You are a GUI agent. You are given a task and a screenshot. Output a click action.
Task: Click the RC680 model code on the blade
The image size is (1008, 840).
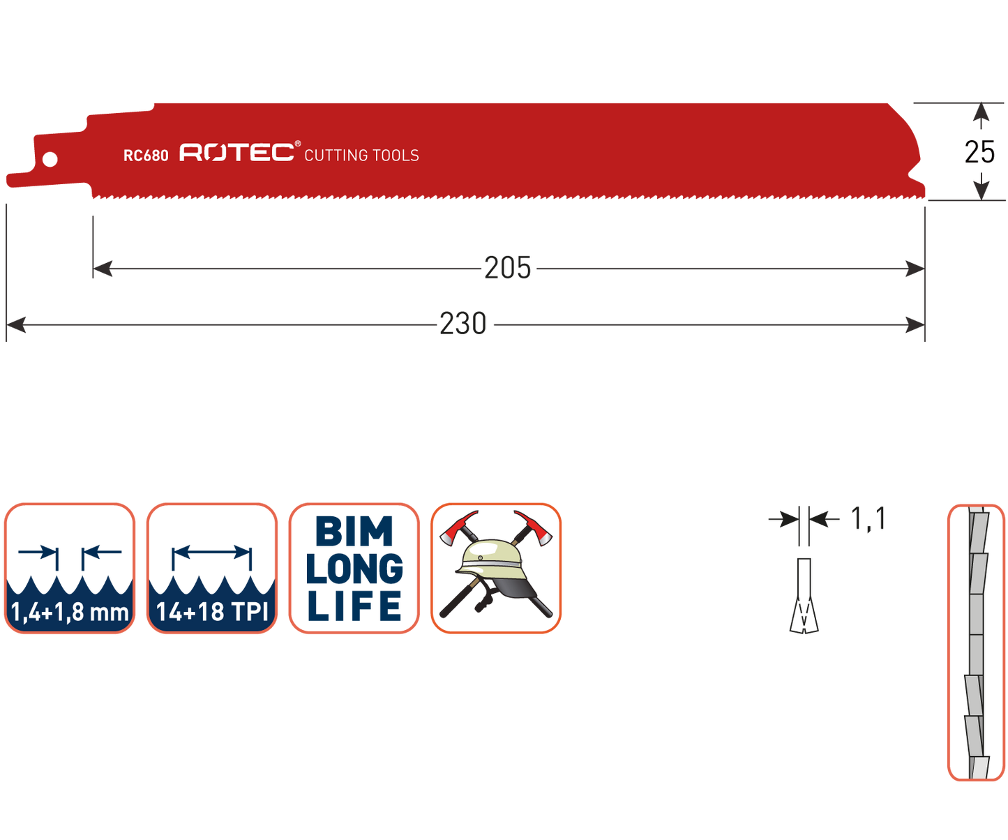146,156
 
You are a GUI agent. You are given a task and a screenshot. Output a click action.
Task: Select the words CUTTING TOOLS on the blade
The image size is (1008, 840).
361,156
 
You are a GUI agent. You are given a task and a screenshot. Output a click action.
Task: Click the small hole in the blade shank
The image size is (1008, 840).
50,160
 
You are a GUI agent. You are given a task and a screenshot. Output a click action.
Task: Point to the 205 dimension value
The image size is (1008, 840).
508,269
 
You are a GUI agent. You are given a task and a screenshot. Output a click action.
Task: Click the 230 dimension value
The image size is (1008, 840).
463,324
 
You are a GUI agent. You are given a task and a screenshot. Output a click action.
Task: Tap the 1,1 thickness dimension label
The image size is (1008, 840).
868,520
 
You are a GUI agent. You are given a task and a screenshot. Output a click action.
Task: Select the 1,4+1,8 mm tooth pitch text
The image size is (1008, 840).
70,613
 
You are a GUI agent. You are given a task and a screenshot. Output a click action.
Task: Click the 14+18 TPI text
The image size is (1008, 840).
212,613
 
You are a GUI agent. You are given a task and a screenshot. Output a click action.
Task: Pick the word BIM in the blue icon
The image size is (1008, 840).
354,532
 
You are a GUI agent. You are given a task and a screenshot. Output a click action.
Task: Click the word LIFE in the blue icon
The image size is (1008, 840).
354,606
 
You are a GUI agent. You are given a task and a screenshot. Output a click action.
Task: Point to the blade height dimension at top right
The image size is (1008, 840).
981,151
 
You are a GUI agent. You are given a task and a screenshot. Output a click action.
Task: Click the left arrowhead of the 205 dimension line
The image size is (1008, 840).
102,269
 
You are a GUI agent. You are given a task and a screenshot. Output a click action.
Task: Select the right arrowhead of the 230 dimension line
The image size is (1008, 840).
915,324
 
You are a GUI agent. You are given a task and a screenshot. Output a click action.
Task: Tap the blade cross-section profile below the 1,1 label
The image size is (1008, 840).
804,597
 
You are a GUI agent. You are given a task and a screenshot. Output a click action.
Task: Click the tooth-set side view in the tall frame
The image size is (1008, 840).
976,642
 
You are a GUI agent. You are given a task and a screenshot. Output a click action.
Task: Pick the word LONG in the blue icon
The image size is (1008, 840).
354,569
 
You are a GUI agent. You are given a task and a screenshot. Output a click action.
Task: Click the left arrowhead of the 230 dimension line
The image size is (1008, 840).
15,324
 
